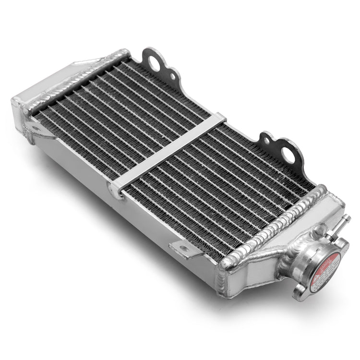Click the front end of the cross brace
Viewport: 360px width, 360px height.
click(x=118, y=190)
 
